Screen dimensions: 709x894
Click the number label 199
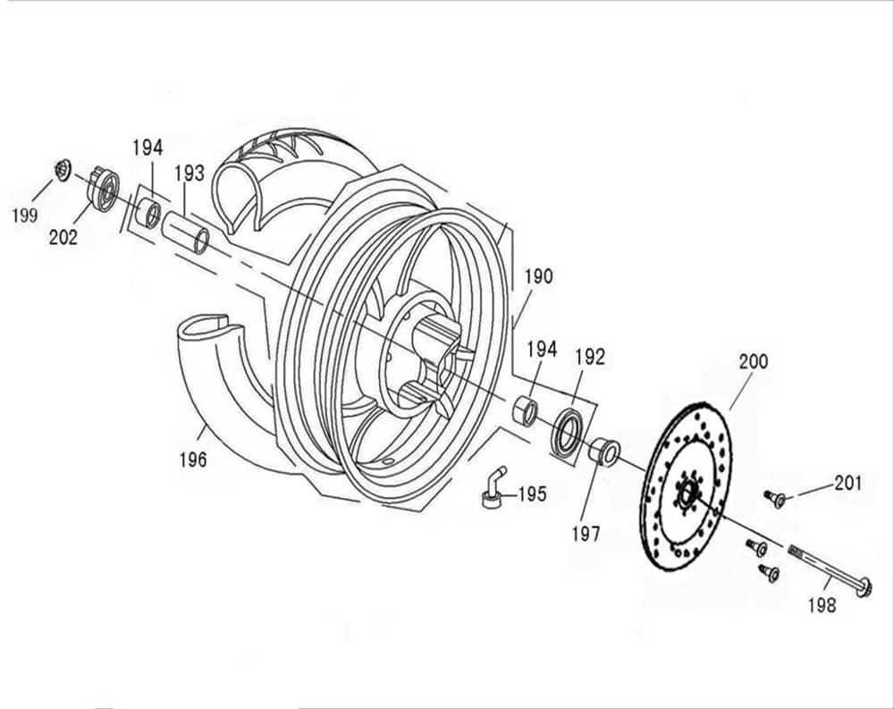[24, 215]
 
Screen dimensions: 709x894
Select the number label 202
[63, 237]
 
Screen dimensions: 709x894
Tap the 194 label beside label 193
[148, 148]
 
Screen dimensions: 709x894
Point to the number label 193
[189, 172]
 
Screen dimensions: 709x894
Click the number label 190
[538, 276]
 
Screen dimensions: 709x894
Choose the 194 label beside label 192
[541, 349]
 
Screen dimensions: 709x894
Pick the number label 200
[753, 362]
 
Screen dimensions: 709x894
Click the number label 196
[191, 460]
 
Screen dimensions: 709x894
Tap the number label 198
[821, 605]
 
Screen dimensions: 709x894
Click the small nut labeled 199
[63, 168]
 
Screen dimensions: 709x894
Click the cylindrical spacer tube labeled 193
[187, 231]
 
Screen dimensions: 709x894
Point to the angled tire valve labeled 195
[493, 489]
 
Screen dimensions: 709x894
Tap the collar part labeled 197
[604, 450]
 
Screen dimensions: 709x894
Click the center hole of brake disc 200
[687, 493]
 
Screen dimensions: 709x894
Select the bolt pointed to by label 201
[774, 498]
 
